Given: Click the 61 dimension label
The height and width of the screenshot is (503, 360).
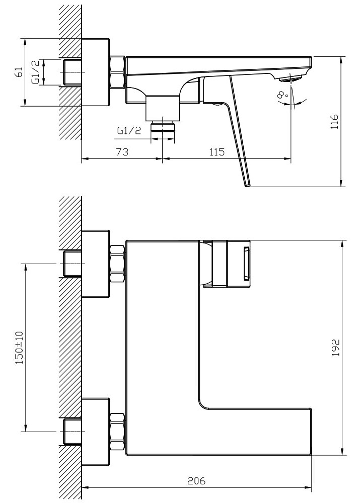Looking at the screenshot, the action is [19, 72].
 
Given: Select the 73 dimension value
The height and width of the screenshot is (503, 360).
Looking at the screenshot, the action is [122, 151].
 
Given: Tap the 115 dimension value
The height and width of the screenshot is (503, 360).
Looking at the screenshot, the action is [217, 151].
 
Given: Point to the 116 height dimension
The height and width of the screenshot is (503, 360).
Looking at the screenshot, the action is [334, 121].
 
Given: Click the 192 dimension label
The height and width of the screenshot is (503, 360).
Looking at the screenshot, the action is [335, 347].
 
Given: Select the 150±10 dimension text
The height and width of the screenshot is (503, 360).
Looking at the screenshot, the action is [20, 348].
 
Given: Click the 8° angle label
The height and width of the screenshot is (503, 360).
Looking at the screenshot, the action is [282, 95].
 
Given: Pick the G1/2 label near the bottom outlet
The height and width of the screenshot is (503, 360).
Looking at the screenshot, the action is [129, 130].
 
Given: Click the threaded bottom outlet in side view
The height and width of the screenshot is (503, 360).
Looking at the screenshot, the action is [163, 126].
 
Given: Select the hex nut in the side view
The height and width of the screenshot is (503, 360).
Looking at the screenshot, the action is [117, 72].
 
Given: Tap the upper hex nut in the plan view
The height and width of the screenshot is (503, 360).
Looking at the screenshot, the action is [117, 264].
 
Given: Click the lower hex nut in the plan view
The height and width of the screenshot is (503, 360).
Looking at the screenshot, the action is [117, 432].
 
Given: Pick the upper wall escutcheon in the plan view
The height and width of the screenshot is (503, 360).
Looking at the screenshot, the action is [96, 264].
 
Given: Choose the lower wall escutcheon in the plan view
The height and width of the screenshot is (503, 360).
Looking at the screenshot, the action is [96, 432].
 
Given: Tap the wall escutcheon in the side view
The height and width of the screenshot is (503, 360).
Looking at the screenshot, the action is [96, 72].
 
